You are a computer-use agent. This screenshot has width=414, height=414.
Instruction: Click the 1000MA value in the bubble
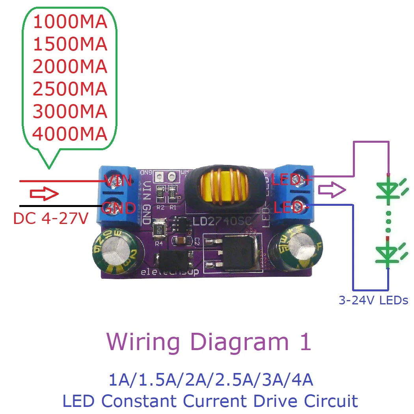(x=70, y=22)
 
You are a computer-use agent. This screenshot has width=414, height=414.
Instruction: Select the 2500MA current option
(x=70, y=90)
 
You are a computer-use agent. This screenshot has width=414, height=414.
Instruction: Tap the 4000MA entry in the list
(x=70, y=134)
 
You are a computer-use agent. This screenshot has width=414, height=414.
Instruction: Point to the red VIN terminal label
(x=117, y=181)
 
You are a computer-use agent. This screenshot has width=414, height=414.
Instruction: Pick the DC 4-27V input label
(x=50, y=219)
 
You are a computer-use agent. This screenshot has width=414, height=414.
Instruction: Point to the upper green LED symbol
(x=388, y=190)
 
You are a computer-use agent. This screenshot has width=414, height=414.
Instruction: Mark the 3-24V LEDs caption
(x=373, y=300)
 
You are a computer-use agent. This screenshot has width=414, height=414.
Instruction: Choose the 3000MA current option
(x=70, y=112)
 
